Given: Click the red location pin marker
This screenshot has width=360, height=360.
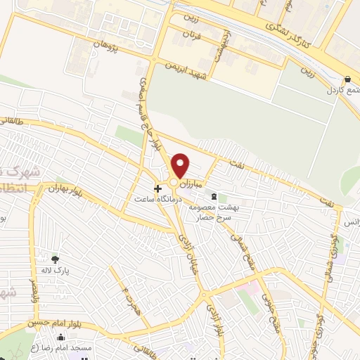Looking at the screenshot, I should pyautogui.click(x=181, y=165).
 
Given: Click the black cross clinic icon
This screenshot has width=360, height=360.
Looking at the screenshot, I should pyautogui.click(x=158, y=188).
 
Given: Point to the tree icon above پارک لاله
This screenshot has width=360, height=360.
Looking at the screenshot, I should pyautogui.click(x=55, y=259).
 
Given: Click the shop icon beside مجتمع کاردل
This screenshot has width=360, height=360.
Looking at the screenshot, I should pyautogui.click(x=349, y=79).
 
